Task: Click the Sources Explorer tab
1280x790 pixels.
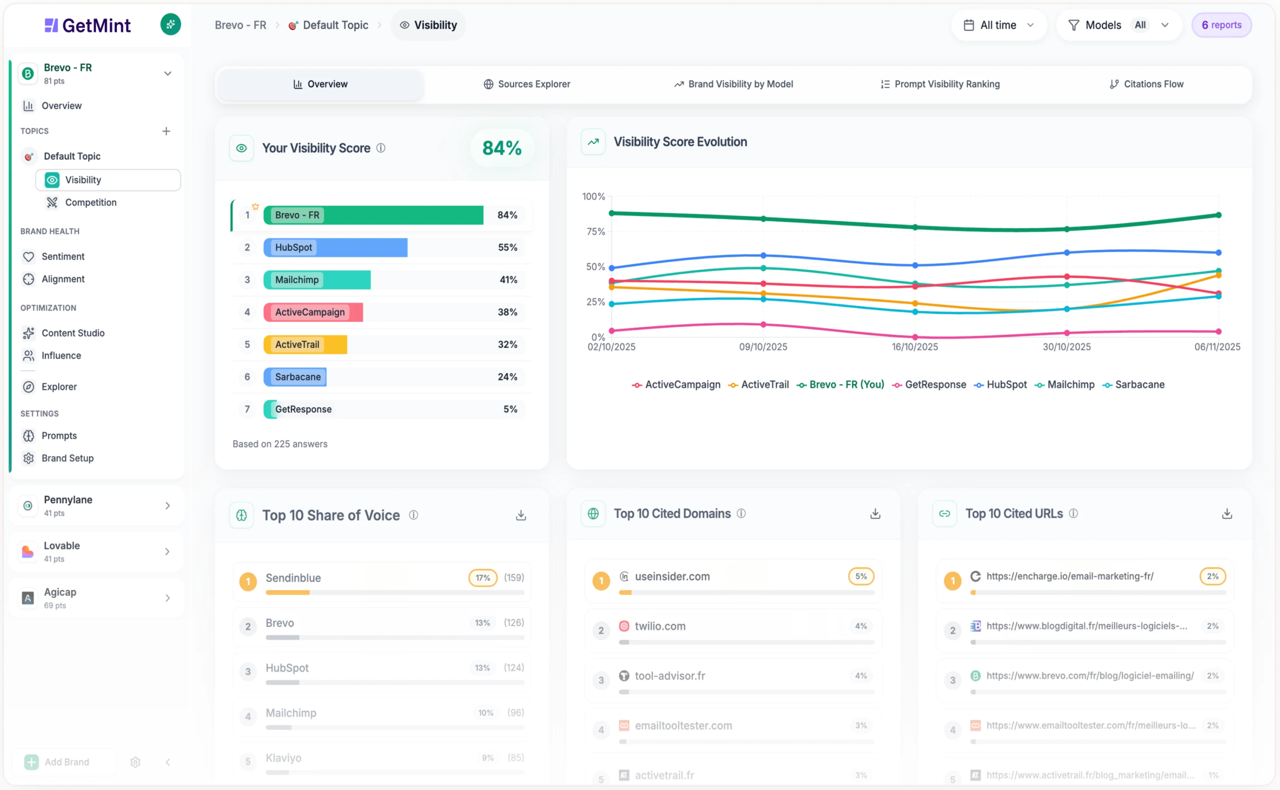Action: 526,84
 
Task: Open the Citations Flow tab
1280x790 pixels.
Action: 1146,84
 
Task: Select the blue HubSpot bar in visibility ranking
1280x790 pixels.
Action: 335,247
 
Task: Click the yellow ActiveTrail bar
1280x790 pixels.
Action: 305,344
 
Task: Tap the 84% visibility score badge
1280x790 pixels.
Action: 501,148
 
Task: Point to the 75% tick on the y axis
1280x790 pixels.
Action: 595,231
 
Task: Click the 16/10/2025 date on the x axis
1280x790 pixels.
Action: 914,347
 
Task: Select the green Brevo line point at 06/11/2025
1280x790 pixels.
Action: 1218,214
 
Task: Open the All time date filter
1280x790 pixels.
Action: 998,25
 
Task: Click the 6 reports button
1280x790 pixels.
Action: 1221,25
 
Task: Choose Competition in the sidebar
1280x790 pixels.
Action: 90,202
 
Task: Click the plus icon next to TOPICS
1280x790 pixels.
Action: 166,131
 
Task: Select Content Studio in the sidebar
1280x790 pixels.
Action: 72,333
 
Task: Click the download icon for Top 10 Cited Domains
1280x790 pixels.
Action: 875,514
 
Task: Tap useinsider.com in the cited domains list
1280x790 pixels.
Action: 672,576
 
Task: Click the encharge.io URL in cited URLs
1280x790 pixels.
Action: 1069,576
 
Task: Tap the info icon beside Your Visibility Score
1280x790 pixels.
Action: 381,148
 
